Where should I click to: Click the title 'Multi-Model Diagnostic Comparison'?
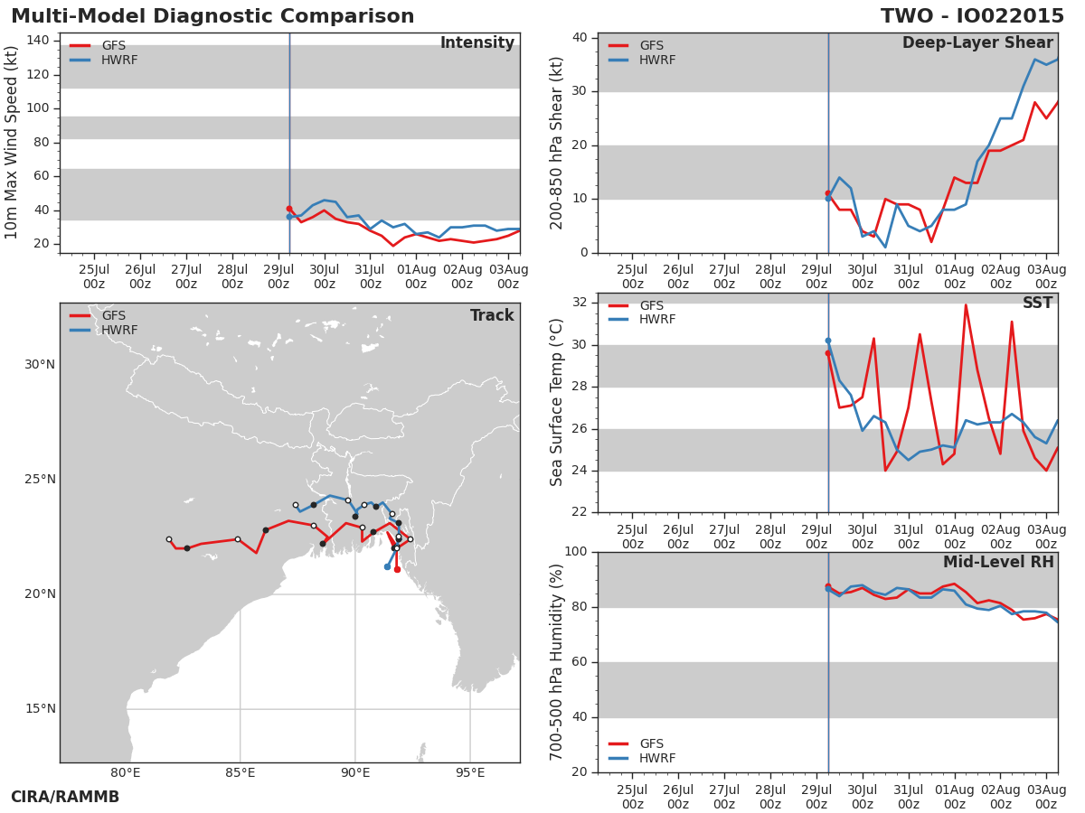[x=212, y=16]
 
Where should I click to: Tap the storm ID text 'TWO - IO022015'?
[x=972, y=16]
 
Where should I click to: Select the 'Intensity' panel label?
[x=477, y=43]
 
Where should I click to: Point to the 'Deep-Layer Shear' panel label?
[x=977, y=43]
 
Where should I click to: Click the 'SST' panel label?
[x=1038, y=303]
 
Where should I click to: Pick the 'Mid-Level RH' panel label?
[x=998, y=562]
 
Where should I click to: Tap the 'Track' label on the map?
[x=492, y=315]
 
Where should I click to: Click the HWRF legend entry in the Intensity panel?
[x=104, y=61]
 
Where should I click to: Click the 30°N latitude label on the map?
[x=40, y=365]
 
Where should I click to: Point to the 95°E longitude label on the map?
[x=470, y=772]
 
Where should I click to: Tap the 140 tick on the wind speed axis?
[x=38, y=41]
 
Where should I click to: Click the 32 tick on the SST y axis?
[x=580, y=302]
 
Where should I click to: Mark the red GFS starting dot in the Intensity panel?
[x=289, y=210]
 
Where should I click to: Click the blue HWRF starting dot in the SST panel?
[x=828, y=341]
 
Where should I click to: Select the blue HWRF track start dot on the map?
[x=387, y=567]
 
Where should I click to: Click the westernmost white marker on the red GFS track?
[x=169, y=539]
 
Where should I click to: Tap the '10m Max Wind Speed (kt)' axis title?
[x=10, y=143]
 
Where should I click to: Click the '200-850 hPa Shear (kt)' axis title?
[x=556, y=144]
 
